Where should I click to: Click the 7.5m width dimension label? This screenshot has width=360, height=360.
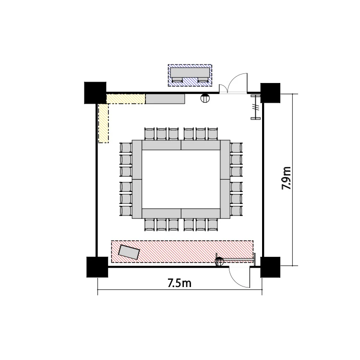[180, 283]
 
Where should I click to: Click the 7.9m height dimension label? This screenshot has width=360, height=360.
[286, 178]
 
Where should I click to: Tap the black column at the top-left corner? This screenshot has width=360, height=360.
[96, 93]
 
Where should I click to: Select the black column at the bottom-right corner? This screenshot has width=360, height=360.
[270, 267]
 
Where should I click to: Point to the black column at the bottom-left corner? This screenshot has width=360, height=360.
[97, 267]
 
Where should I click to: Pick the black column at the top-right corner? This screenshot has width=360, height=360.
[270, 93]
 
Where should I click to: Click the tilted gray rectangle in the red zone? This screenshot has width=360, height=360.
[129, 252]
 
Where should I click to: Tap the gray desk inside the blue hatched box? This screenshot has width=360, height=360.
[190, 72]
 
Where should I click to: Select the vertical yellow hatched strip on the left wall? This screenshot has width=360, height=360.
[103, 123]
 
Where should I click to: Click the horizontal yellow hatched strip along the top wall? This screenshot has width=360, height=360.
[126, 99]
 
